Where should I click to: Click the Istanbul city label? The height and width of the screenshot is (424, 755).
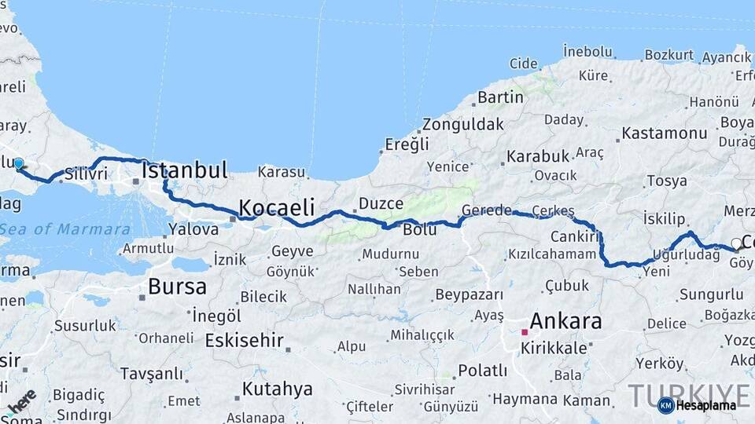[x=185, y=170]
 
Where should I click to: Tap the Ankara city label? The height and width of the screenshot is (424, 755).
[x=565, y=321]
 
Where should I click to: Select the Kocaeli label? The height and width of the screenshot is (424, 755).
[x=276, y=207]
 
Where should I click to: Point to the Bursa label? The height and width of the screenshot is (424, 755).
[x=177, y=287]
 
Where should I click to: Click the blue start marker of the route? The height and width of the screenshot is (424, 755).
[x=18, y=164]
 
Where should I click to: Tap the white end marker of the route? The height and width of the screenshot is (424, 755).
[x=736, y=243]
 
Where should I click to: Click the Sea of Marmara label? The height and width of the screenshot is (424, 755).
[x=65, y=229]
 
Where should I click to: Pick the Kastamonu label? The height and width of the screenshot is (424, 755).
[x=665, y=133]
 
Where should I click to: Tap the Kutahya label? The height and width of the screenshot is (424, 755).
[x=277, y=389]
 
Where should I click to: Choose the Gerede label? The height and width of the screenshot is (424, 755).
[x=487, y=210]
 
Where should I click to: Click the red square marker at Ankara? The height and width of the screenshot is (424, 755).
[x=525, y=332]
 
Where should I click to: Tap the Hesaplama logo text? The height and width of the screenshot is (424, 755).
[x=705, y=406]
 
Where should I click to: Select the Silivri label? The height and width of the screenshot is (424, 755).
[x=86, y=174]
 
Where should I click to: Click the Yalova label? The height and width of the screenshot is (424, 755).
[x=193, y=230]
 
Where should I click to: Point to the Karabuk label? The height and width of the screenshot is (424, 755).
[x=537, y=156]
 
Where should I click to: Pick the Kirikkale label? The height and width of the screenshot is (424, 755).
[x=554, y=348]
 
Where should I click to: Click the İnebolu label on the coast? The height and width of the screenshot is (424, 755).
[x=587, y=52]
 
